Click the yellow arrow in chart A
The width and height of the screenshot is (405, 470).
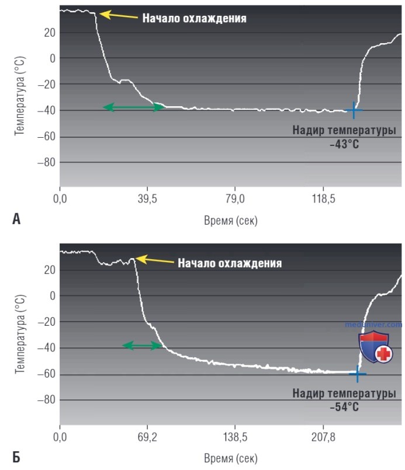coord(118,15)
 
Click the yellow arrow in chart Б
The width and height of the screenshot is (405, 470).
coord(154,260)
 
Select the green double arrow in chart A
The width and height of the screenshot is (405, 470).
coord(134,107)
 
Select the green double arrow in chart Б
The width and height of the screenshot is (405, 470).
coord(142,345)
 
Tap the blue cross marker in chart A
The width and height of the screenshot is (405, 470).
coord(354,110)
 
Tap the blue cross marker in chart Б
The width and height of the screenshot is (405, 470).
coord(357,374)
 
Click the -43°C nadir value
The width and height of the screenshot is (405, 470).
coord(344,144)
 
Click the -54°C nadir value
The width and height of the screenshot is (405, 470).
coord(344,407)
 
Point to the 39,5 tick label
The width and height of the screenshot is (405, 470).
coord(147,199)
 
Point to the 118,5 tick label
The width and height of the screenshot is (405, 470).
coord(323,199)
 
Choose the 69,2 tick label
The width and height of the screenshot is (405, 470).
coord(147,437)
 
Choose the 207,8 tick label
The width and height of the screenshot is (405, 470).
coord(323,437)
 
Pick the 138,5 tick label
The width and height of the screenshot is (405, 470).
coord(235,437)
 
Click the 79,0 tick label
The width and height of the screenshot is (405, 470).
coord(235,199)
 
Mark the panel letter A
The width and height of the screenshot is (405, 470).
coord(16,219)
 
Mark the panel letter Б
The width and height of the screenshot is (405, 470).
coord(16,457)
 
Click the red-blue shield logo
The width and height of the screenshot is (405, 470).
coord(375,347)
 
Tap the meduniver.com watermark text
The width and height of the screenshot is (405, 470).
coord(373,324)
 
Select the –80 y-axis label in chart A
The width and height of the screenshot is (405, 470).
coord(47,162)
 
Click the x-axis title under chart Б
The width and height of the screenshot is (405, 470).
coord(231,458)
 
